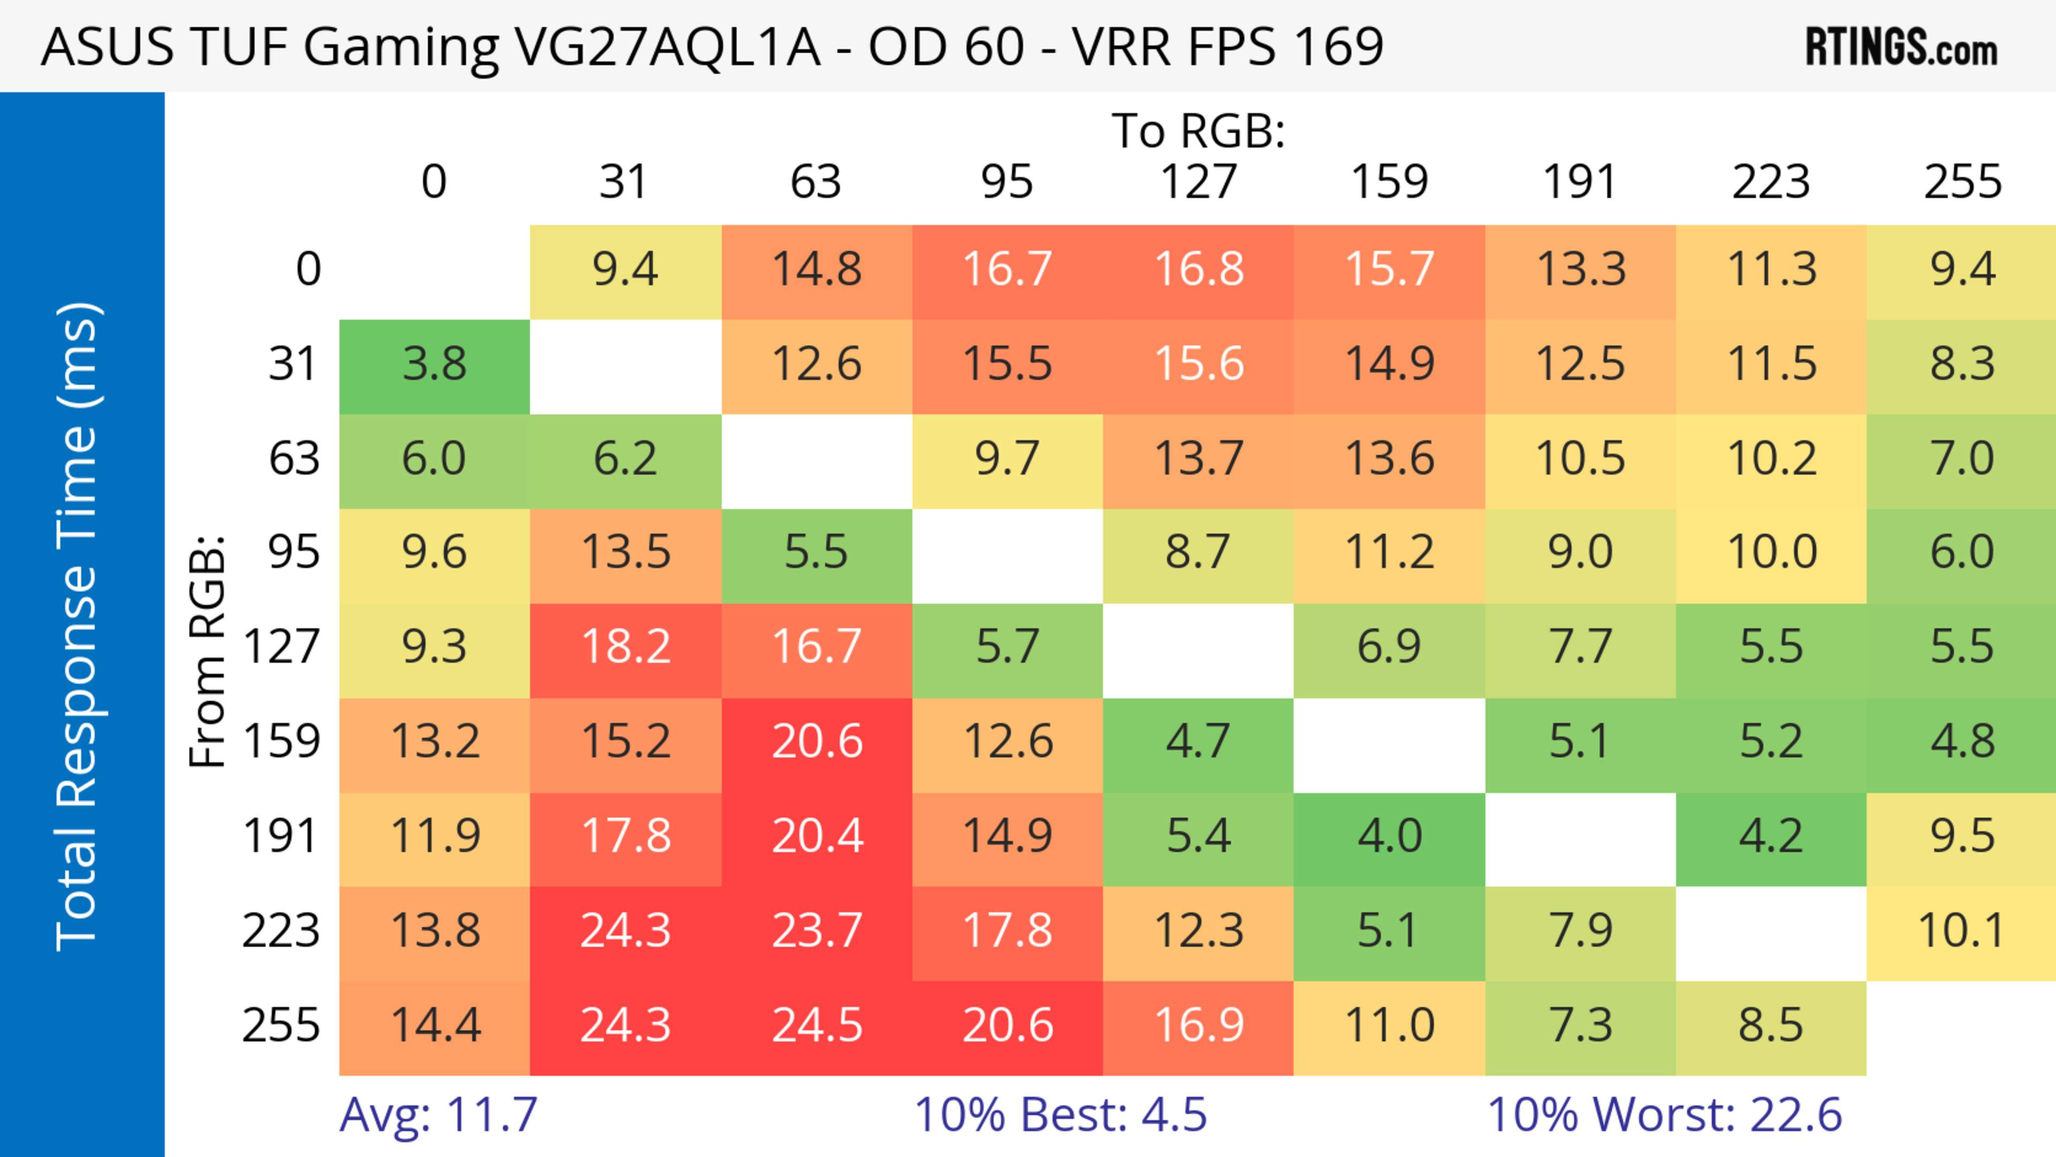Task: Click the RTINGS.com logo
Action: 1901,47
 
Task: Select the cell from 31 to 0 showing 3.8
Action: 434,365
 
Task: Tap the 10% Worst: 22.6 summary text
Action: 1664,1115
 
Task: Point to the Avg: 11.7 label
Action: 438,1115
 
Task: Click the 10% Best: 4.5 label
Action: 1060,1115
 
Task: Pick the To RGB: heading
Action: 1198,131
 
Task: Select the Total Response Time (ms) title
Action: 78,626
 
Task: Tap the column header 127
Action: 1198,182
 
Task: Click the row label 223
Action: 281,931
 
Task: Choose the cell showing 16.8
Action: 1199,270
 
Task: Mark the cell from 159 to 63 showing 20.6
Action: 817,742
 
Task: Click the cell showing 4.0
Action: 1389,836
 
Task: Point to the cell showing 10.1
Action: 1961,931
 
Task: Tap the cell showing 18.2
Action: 626,647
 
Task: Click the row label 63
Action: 294,459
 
